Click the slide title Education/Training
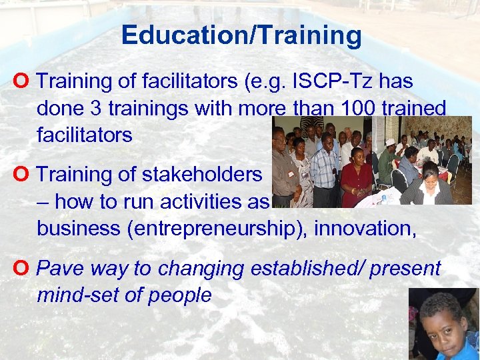pyautogui.click(x=241, y=35)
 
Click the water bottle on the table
pyautogui.click(x=384, y=199)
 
